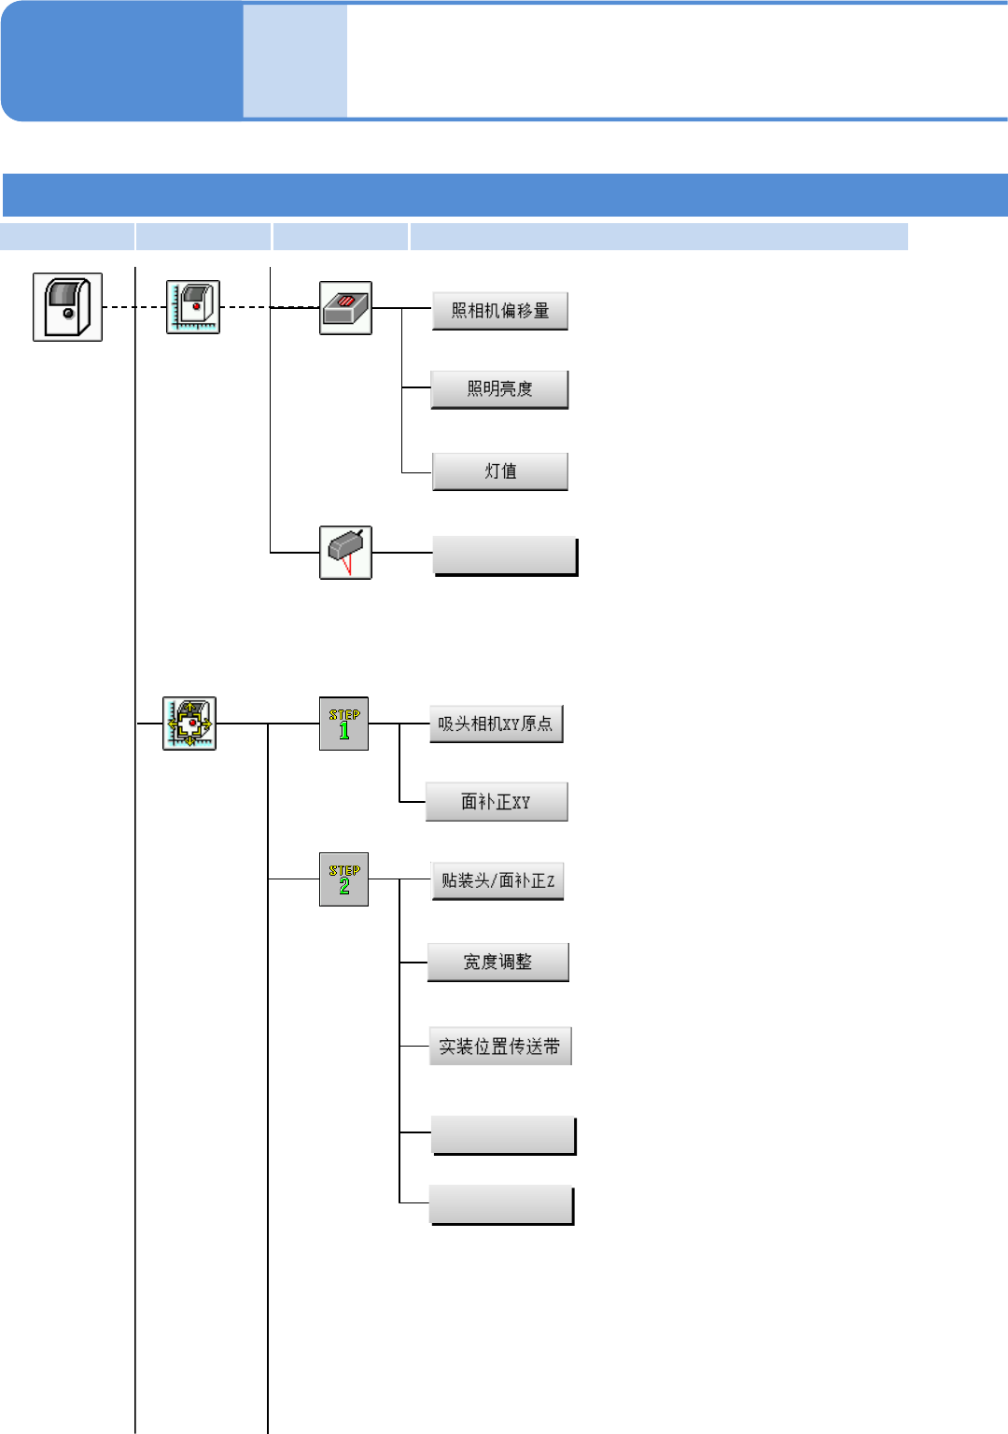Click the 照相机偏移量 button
pos(499,311)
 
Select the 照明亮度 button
pos(499,389)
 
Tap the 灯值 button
pos(499,471)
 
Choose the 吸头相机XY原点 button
pos(496,724)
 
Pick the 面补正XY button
pos(496,802)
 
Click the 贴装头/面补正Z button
pos(497,880)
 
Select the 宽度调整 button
pos(497,963)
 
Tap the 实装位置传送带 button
pos(499,1047)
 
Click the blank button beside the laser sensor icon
pos(505,556)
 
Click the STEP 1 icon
pos(343,724)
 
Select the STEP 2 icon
pos(343,879)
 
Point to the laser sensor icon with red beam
pos(345,553)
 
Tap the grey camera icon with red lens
pos(345,308)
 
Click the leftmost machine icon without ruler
pos(67,307)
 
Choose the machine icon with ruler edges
pos(193,307)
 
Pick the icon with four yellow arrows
pos(189,724)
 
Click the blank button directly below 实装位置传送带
pos(503,1135)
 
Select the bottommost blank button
pos(501,1204)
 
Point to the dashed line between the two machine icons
pos(133,307)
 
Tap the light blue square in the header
pos(295,62)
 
